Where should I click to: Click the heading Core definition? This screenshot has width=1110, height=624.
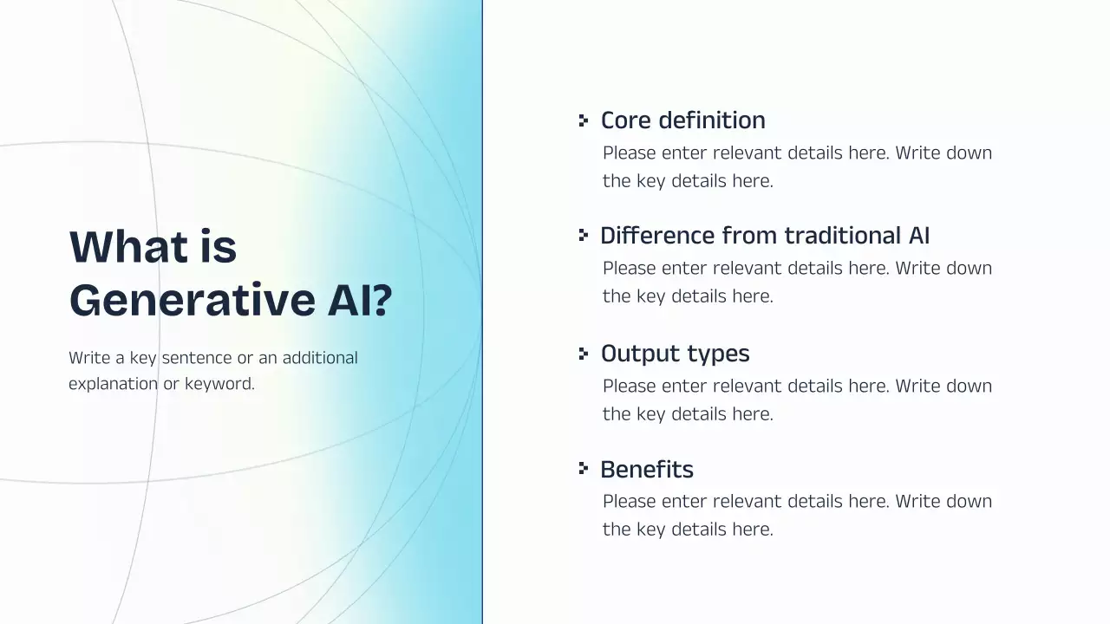click(682, 120)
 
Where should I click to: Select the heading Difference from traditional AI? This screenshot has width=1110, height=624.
click(765, 236)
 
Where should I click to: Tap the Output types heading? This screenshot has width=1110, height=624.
click(675, 354)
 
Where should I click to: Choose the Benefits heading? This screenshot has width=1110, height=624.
click(647, 470)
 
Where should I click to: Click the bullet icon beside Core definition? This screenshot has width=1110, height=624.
click(584, 120)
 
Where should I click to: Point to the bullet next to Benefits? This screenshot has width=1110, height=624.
click(584, 469)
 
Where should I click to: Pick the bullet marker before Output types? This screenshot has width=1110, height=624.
click(584, 353)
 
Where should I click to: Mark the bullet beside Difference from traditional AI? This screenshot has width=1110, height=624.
click(584, 235)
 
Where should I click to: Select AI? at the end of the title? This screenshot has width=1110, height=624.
click(359, 301)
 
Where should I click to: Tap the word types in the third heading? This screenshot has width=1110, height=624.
click(718, 354)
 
